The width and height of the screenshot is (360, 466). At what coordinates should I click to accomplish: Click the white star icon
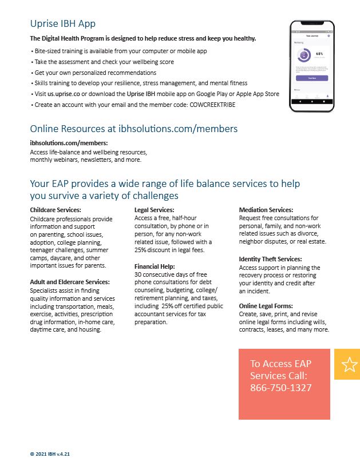click(x=349, y=365)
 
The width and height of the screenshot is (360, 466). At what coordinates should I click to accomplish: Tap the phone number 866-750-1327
click(x=280, y=388)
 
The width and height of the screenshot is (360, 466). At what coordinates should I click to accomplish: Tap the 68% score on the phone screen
click(x=319, y=54)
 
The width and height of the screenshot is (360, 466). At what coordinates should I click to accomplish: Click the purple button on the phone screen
click(x=312, y=78)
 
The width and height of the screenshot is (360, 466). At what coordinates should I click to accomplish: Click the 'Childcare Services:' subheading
click(x=56, y=210)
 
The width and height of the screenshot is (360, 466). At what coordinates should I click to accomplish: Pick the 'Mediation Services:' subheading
click(x=266, y=210)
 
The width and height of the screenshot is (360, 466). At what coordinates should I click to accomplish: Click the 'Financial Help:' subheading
click(x=155, y=266)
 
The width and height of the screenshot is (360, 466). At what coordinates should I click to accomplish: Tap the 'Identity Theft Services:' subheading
click(x=270, y=259)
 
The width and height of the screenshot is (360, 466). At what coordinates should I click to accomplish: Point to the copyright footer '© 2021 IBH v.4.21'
click(x=50, y=453)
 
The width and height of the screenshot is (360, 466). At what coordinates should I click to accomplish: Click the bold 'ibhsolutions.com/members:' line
click(x=69, y=143)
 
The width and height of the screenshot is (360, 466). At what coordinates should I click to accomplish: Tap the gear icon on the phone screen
click(x=329, y=36)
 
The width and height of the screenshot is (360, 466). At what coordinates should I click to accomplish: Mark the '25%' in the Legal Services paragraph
click(x=141, y=250)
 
